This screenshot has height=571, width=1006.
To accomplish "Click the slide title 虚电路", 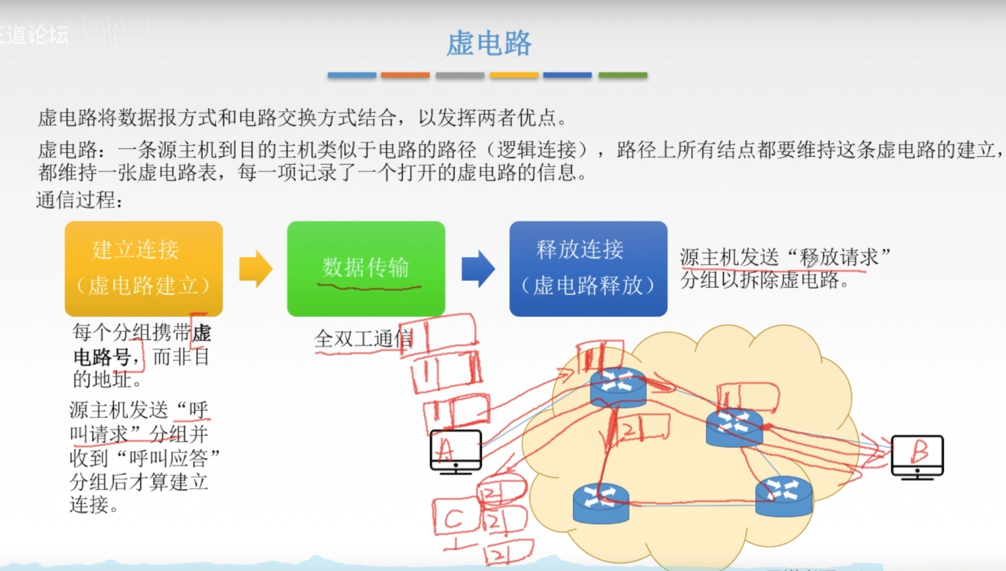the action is [x=489, y=43].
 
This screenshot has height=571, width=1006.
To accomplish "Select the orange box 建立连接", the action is [x=144, y=268].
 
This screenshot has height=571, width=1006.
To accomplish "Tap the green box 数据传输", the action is [x=366, y=268].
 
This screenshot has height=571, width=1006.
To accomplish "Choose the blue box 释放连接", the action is [x=588, y=268].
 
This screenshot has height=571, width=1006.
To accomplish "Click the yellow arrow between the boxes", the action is [x=255, y=269].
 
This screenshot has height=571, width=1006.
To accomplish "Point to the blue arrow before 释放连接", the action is [x=478, y=269].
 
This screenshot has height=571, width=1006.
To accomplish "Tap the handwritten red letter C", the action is [x=453, y=519].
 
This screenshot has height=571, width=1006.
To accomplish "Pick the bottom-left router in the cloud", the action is [x=601, y=503].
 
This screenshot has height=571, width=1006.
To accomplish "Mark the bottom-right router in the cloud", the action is [x=784, y=496].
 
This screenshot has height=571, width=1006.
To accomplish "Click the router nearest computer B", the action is [x=734, y=427].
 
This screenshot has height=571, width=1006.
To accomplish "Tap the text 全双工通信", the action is [x=363, y=338].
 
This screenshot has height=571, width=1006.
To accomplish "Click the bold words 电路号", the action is [x=102, y=357].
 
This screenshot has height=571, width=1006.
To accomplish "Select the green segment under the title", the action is [x=623, y=75].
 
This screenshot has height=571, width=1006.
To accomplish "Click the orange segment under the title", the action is [x=405, y=75].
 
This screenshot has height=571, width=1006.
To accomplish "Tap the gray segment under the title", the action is [x=460, y=75].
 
